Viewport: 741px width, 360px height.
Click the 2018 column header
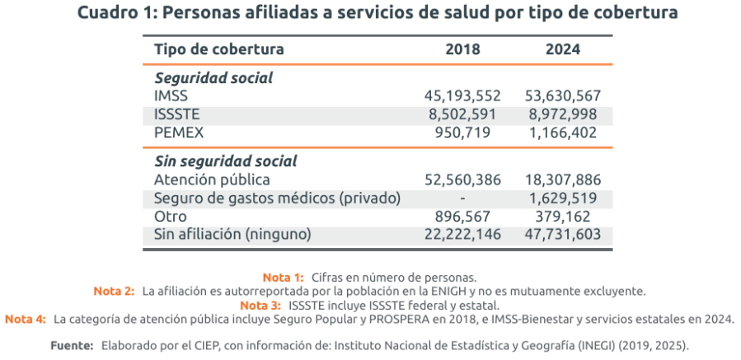[462, 49]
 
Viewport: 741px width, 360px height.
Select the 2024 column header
[562, 49]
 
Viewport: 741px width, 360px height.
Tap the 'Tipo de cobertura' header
[218, 49]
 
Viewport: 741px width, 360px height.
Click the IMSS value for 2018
[462, 96]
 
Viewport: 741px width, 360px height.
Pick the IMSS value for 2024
[562, 96]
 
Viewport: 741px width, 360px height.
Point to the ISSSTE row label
[177, 114]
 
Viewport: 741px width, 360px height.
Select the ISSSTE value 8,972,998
[562, 114]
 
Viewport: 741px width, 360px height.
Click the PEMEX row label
[178, 132]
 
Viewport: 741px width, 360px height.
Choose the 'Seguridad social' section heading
[213, 78]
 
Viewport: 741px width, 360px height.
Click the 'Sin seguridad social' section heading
[226, 161]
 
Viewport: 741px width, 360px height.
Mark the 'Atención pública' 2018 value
[462, 180]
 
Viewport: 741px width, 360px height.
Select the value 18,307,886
[562, 180]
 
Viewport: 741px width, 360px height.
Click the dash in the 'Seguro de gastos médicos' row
[463, 198]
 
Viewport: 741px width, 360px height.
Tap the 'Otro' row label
[170, 216]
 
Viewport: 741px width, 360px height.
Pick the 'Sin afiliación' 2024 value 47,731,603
[562, 234]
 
